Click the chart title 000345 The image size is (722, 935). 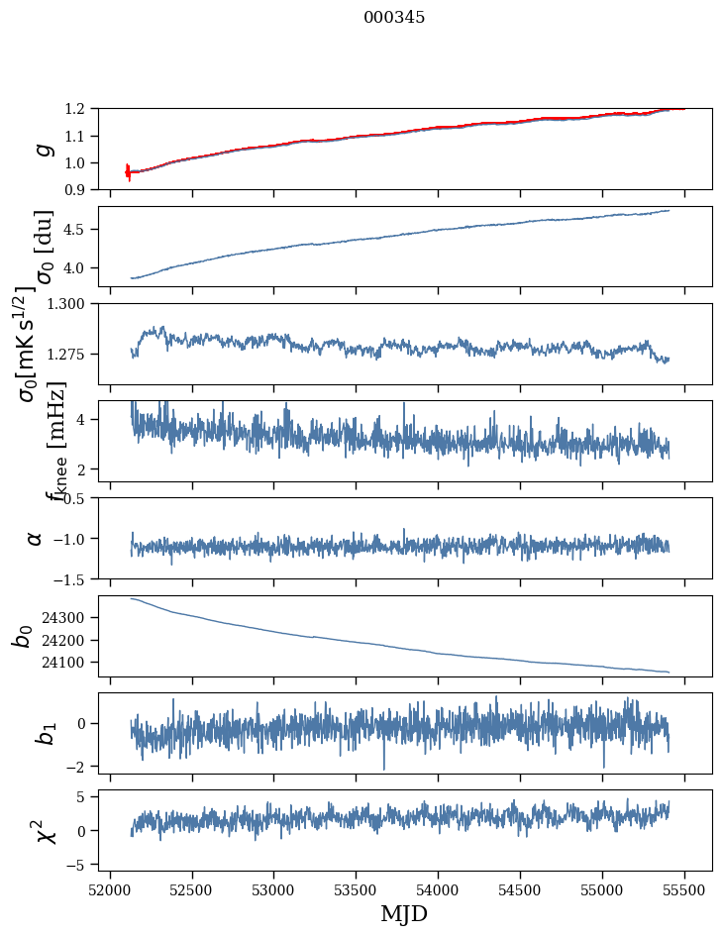[x=394, y=18]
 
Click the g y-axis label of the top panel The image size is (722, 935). [x=42, y=149]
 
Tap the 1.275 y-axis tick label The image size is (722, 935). [x=69, y=354]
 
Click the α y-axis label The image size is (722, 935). [x=36, y=538]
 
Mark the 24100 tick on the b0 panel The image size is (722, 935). [x=69, y=663]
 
